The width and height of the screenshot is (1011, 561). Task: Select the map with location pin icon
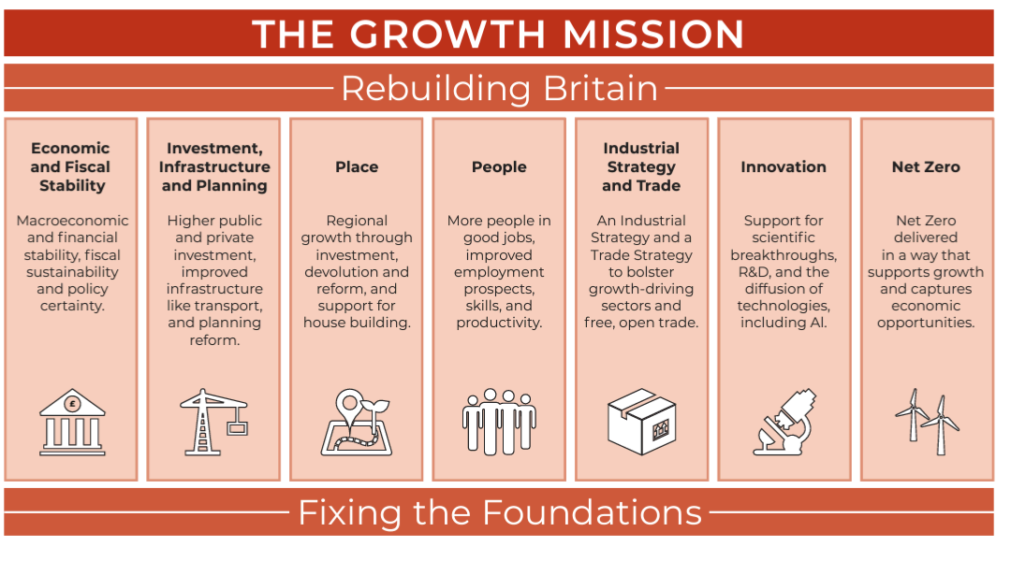tap(357, 423)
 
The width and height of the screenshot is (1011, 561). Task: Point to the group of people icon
tap(499, 421)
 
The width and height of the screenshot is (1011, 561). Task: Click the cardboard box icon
tap(641, 421)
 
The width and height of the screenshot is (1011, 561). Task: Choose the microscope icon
tap(784, 421)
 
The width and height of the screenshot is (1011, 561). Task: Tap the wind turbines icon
tap(927, 421)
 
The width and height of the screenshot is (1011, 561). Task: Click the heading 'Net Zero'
tap(926, 167)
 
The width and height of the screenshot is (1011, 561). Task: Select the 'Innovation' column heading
tap(784, 167)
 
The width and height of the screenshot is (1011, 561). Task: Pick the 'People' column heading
tap(499, 167)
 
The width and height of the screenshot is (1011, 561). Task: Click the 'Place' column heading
tap(357, 167)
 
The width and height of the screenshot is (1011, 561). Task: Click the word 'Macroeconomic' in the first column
tap(72, 221)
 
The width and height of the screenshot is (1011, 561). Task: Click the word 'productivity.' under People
tap(499, 323)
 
